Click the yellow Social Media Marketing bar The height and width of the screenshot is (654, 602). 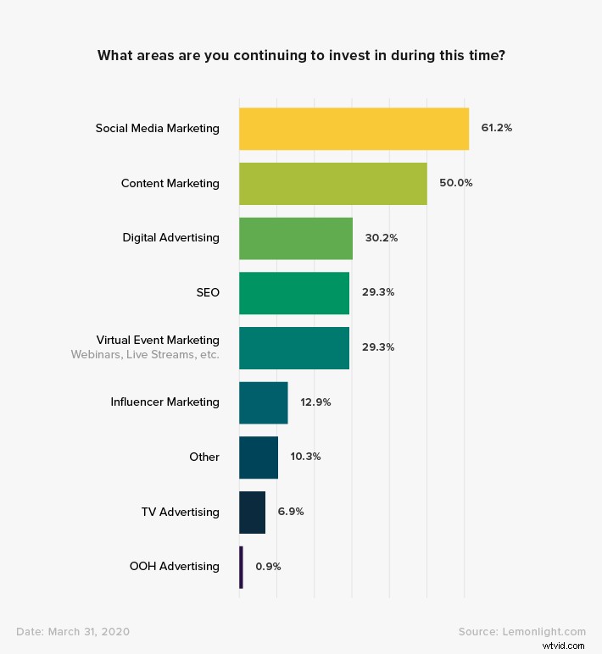[354, 129]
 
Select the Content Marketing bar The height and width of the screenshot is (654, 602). [332, 183]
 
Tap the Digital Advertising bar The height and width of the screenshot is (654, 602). [295, 238]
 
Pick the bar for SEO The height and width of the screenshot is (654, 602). [293, 292]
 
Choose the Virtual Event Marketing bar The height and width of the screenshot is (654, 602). [293, 347]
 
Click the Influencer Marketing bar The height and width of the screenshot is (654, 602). [263, 402]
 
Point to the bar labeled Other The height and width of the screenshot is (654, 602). [258, 457]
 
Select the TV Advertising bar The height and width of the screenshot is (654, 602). [252, 512]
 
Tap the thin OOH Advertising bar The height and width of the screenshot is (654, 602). [241, 567]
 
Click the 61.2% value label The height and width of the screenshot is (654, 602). [496, 129]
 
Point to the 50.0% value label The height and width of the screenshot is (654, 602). [455, 183]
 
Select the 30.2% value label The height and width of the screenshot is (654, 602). [381, 238]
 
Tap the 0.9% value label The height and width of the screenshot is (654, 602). [268, 567]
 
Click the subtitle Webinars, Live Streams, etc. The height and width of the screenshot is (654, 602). [145, 355]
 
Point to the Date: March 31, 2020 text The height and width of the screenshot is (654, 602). [73, 631]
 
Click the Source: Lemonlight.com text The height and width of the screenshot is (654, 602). [521, 631]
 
